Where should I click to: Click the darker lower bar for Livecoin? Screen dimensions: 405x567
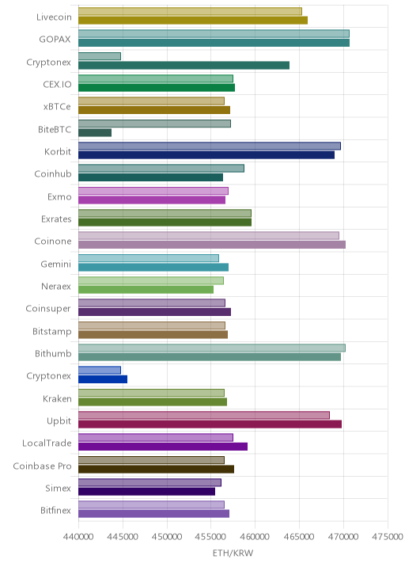(193, 21)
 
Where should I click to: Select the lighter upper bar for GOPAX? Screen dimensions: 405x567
(214, 33)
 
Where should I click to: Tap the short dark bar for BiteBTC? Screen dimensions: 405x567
(95, 133)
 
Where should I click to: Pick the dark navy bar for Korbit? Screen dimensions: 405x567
(206, 155)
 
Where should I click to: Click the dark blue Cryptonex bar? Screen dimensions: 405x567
(103, 379)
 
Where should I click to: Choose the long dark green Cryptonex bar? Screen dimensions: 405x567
(184, 65)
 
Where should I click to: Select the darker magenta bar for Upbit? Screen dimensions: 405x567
(210, 424)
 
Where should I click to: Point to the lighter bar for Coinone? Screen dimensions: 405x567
(209, 235)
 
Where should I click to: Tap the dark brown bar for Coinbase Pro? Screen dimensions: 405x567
(156, 469)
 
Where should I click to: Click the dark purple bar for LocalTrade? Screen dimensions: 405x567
(163, 447)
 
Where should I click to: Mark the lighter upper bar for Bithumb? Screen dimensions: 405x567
(212, 348)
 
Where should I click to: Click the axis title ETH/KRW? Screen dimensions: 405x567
(233, 554)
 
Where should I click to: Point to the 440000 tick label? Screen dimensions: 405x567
(78, 536)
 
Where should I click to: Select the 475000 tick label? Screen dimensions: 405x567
(388, 536)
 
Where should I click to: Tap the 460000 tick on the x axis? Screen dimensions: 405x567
(255, 536)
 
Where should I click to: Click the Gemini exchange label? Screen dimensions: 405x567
(56, 264)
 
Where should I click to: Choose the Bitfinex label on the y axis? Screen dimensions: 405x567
(55, 510)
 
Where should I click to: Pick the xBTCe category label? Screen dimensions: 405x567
(57, 107)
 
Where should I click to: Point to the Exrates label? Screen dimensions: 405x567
(56, 219)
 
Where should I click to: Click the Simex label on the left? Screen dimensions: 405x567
(59, 488)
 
